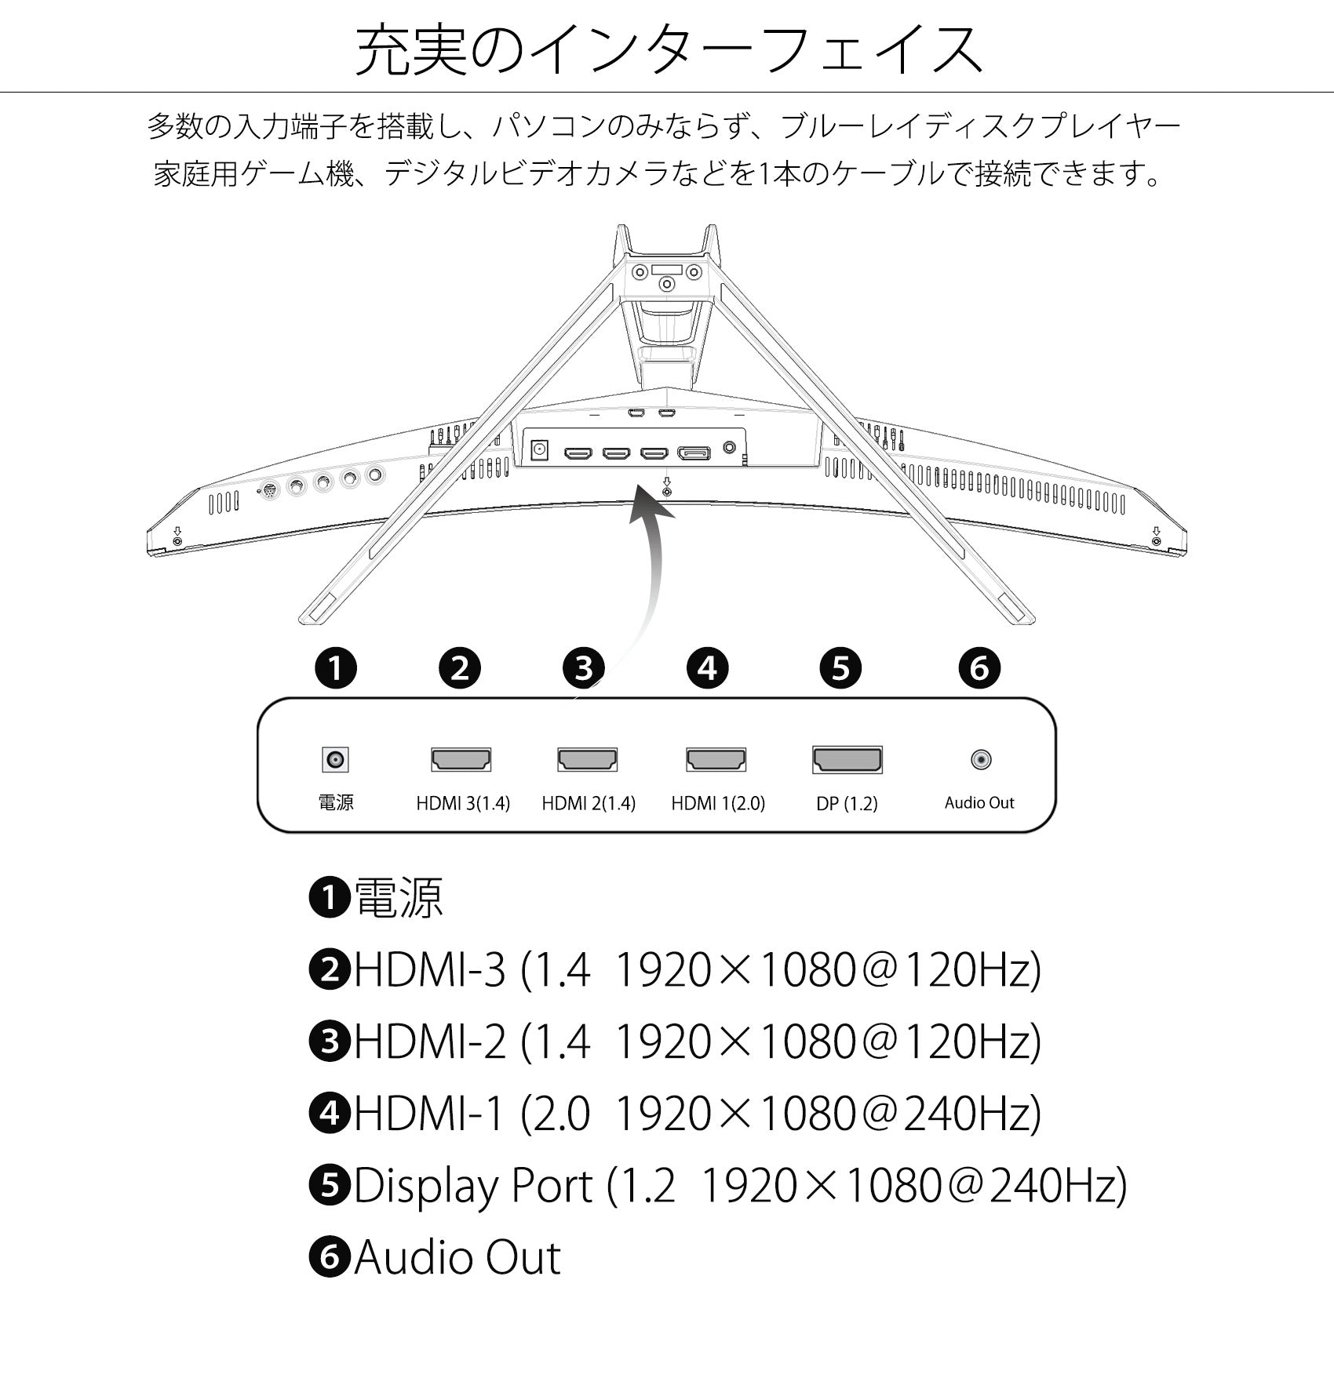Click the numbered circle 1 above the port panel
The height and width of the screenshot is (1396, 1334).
[x=336, y=668]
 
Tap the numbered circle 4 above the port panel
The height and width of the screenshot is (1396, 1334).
[x=708, y=668]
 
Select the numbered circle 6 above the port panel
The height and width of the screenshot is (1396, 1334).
[x=979, y=668]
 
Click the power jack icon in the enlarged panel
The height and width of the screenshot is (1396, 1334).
[x=336, y=759]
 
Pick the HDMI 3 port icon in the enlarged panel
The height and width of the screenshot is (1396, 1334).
[x=461, y=759]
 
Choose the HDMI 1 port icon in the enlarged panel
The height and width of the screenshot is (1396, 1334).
[x=716, y=759]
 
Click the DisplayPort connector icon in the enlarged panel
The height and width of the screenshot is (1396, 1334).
[x=847, y=760]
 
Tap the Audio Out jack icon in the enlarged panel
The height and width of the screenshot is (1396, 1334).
[x=981, y=759]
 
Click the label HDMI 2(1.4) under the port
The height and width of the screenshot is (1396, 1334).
[x=589, y=803]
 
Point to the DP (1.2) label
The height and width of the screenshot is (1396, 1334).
[x=847, y=804]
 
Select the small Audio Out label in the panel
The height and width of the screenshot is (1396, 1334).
[x=979, y=802]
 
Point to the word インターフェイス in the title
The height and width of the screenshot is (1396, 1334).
[x=757, y=49]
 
